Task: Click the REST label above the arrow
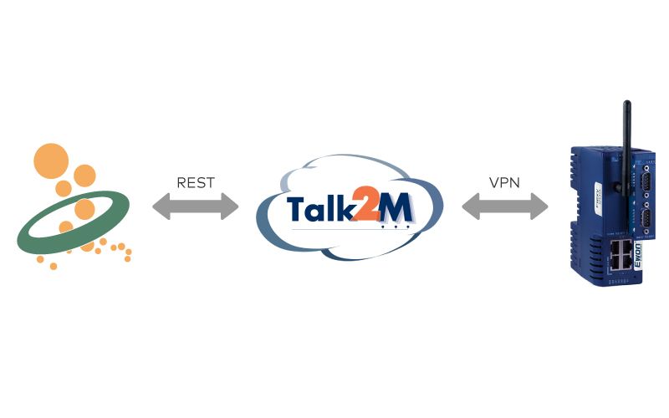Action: point(196,182)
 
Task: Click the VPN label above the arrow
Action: point(504,182)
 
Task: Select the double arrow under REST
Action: point(196,206)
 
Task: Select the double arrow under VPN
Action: point(505,206)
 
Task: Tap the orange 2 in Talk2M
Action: point(365,204)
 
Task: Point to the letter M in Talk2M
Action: point(396,207)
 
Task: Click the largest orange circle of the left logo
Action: point(51,161)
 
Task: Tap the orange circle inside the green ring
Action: point(84,210)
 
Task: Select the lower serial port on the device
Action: point(646,221)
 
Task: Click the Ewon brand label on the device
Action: point(637,256)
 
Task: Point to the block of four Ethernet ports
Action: point(620,255)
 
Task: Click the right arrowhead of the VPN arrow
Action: point(539,206)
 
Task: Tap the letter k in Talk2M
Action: point(344,207)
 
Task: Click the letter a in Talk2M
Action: point(317,212)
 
